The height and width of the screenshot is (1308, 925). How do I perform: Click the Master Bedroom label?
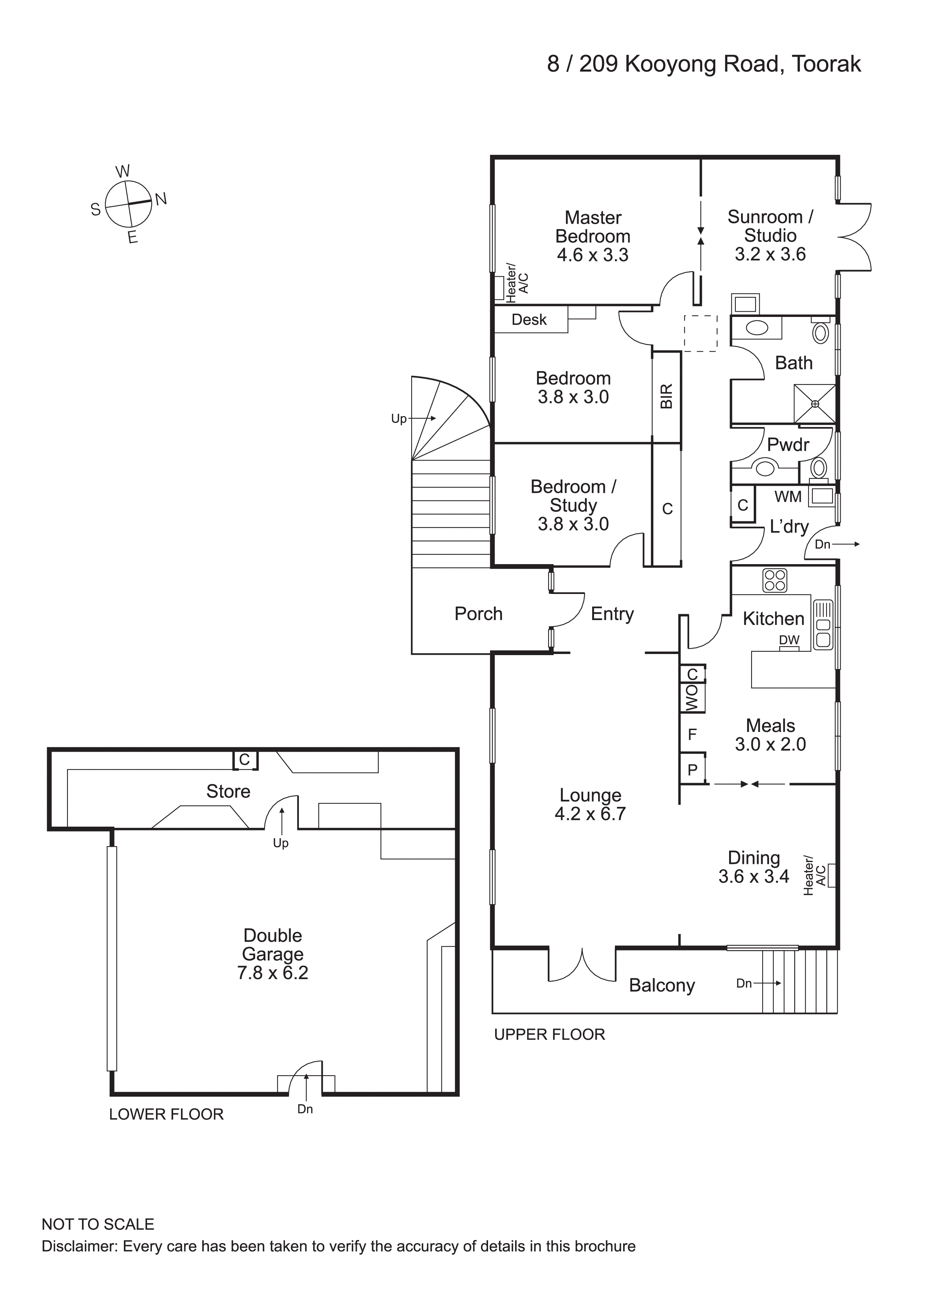593,227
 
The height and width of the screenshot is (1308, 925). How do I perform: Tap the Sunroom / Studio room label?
771,226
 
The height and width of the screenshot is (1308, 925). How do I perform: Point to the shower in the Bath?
815,403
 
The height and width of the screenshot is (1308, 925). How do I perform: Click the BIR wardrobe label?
666,396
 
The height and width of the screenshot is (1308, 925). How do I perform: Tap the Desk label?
529,320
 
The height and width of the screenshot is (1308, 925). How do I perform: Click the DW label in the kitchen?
789,640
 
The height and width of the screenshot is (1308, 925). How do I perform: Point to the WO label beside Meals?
692,698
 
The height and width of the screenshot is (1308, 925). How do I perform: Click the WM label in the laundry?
788,497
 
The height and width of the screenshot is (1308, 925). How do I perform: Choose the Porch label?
478,614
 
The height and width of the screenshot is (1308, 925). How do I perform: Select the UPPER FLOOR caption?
549,1035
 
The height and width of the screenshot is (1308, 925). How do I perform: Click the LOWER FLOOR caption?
166,1114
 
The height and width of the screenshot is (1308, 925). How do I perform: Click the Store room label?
228,791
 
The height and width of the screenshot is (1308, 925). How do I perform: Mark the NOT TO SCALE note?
98,1224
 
